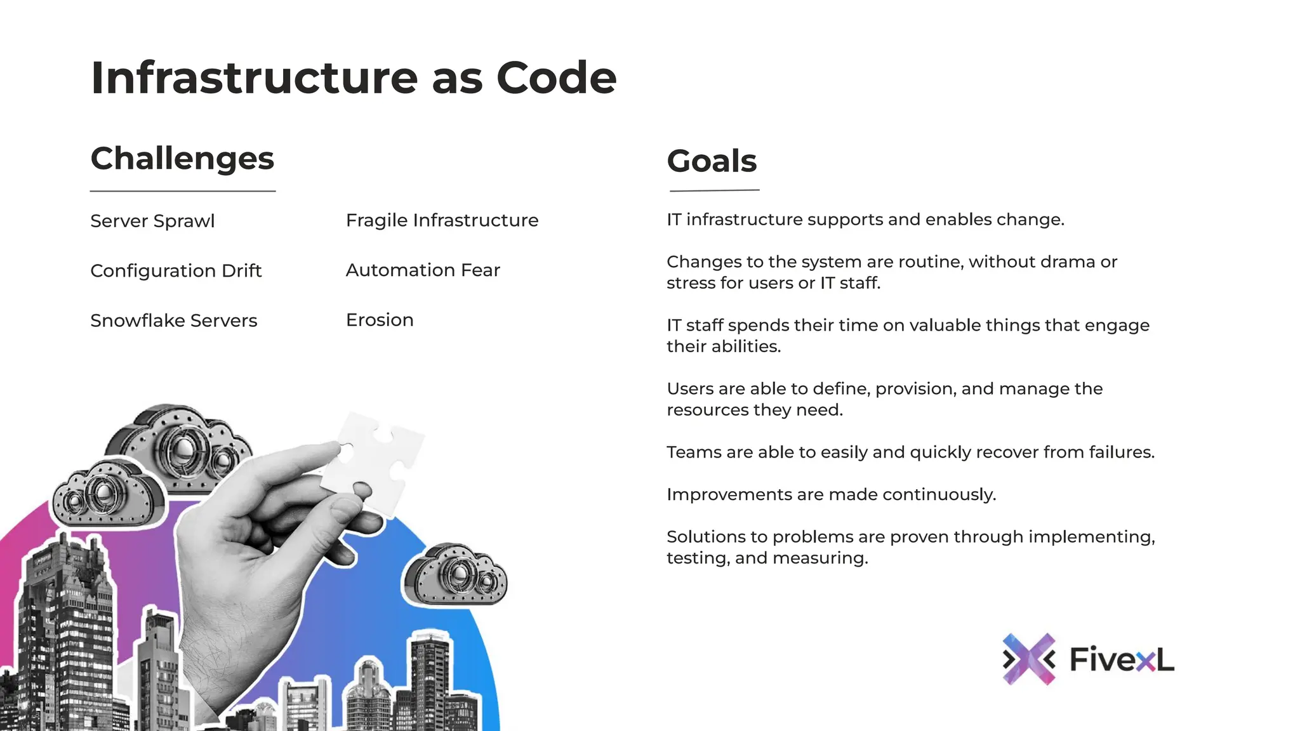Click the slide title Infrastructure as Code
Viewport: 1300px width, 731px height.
point(354,78)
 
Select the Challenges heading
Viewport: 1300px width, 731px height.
point(182,159)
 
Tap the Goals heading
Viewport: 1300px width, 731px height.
point(712,161)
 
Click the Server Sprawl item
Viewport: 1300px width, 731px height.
point(152,221)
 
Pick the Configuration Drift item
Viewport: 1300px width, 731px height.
point(176,271)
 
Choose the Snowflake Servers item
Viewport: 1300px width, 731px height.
point(173,320)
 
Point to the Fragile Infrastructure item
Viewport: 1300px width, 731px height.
point(442,220)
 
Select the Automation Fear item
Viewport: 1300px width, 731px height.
point(423,270)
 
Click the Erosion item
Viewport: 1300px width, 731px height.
point(380,320)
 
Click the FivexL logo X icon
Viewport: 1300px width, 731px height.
point(1028,659)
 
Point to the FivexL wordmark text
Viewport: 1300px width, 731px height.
point(1122,659)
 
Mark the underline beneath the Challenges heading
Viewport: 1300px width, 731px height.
point(183,191)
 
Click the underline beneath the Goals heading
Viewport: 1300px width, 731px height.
point(715,190)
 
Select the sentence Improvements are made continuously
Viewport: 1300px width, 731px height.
point(831,494)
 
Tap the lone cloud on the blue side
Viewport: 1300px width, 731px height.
point(455,574)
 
